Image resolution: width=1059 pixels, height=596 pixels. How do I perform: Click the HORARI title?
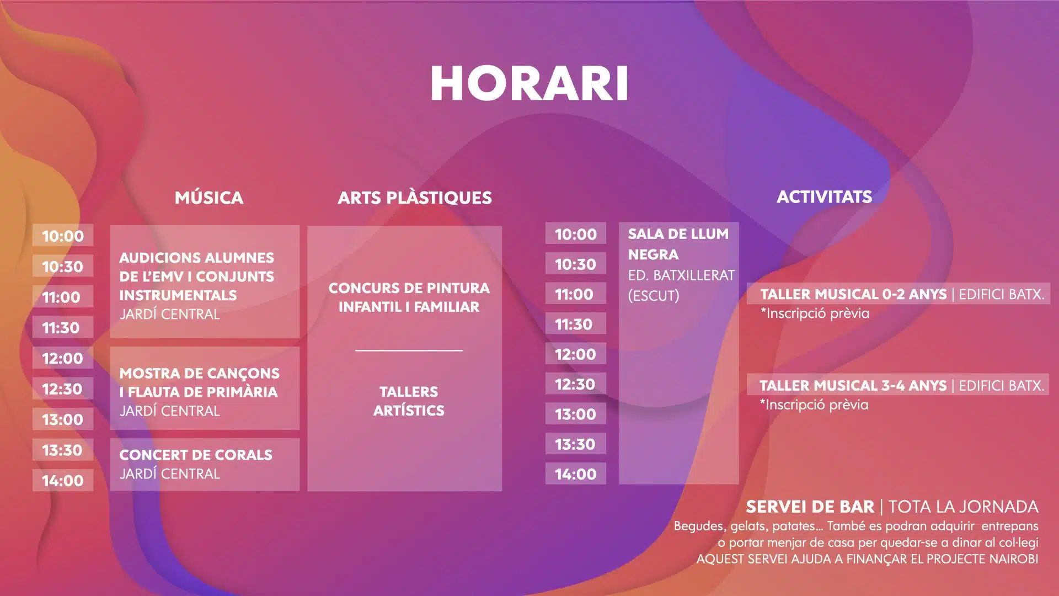[529, 83]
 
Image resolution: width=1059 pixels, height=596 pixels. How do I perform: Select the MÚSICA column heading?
[209, 197]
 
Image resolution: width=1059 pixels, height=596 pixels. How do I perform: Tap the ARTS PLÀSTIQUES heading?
[415, 198]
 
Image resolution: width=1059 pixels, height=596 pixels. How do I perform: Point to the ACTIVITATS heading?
[825, 196]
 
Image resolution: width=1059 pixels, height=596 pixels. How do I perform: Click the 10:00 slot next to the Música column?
[63, 236]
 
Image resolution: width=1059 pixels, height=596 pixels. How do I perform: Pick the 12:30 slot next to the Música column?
[63, 389]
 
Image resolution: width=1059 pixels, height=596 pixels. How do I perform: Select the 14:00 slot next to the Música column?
[63, 480]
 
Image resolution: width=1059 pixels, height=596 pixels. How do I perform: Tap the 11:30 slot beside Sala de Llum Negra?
[575, 324]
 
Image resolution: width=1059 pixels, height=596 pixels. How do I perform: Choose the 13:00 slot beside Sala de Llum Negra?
[575, 414]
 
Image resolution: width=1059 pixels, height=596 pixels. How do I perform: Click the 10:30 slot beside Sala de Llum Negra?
[575, 264]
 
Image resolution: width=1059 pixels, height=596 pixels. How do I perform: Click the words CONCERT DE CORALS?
[196, 455]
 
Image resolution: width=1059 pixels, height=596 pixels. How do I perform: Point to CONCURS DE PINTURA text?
[409, 288]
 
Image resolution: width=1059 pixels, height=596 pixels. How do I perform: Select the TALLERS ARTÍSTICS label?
[409, 401]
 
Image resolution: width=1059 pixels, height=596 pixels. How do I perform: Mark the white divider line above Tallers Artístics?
[409, 350]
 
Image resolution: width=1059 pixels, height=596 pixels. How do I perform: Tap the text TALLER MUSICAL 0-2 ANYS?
[853, 294]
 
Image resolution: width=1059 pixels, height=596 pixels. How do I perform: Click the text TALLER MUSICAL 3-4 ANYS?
[853, 385]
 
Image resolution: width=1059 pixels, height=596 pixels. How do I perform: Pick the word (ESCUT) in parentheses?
[654, 296]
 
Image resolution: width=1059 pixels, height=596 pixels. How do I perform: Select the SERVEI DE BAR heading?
[810, 507]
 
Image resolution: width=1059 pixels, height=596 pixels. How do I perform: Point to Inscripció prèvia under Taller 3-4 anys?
[814, 405]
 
